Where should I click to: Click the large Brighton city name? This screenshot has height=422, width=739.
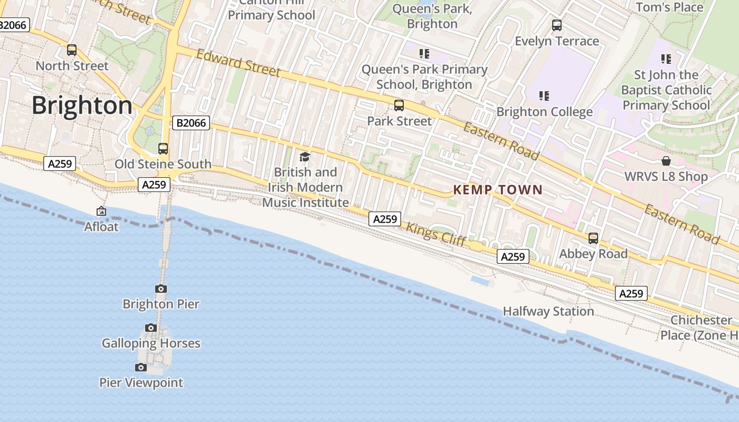click(x=82, y=105)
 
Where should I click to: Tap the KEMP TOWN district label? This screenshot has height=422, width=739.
click(x=498, y=190)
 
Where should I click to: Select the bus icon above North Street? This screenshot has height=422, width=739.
click(x=72, y=51)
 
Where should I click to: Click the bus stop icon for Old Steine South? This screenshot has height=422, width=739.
click(x=163, y=149)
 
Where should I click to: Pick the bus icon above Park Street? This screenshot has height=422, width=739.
click(x=399, y=105)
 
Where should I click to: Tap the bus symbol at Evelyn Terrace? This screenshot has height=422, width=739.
click(x=557, y=25)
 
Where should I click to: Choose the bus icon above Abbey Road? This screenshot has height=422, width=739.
click(x=593, y=238)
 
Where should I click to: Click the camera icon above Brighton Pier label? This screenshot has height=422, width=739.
click(x=161, y=289)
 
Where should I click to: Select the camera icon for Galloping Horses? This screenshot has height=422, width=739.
click(x=151, y=328)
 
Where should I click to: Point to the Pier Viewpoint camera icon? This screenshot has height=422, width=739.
click(x=141, y=368)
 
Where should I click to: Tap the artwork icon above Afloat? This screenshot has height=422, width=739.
click(x=101, y=212)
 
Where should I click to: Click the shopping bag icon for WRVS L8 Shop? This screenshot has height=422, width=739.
click(x=666, y=161)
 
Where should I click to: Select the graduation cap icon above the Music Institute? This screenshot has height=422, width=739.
click(x=305, y=157)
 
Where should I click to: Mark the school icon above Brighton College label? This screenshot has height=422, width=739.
click(x=544, y=96)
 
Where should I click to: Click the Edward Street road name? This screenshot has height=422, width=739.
click(x=238, y=63)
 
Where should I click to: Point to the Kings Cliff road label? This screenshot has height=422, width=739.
click(x=436, y=235)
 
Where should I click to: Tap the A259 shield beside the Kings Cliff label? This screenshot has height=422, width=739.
click(x=385, y=219)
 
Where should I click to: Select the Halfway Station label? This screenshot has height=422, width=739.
click(x=548, y=311)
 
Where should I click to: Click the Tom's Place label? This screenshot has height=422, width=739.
click(x=669, y=7)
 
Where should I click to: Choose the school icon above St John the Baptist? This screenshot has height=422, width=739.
click(x=666, y=59)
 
